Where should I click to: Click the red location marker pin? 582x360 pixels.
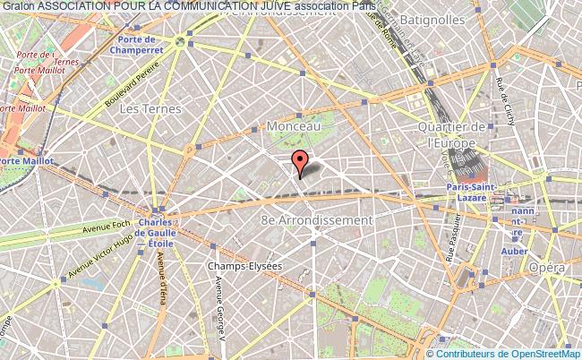(300, 162)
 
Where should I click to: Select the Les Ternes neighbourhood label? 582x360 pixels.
(150, 109)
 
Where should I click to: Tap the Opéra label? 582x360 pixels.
(547, 268)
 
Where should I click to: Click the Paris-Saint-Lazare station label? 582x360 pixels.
(466, 191)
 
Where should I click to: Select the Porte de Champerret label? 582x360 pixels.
(150, 44)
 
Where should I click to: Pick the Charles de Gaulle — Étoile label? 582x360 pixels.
(156, 232)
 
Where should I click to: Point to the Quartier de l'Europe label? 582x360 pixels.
(456, 134)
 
